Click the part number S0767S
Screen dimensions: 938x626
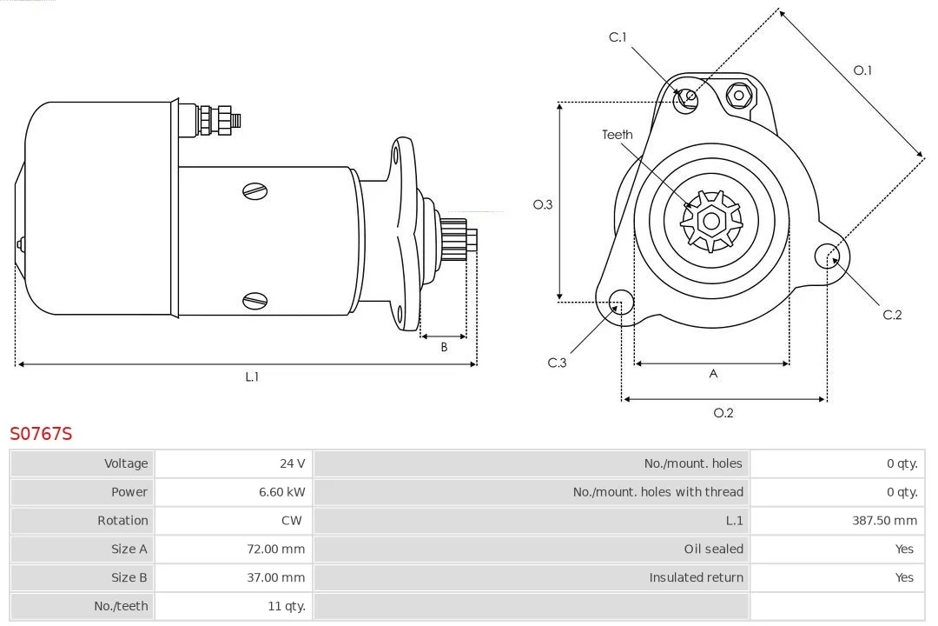41,433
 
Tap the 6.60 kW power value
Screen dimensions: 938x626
281,492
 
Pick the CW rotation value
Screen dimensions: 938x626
292,521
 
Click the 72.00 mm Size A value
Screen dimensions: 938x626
276,549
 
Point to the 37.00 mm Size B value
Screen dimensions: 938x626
276,577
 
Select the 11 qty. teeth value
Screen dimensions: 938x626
287,606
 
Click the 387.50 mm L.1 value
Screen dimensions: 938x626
884,521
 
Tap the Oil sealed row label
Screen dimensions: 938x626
714,549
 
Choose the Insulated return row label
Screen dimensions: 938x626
697,577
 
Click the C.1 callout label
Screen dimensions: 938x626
618,37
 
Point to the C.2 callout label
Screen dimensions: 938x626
892,315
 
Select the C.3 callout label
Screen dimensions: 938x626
557,363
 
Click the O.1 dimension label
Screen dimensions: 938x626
862,70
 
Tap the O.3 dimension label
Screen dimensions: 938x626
543,204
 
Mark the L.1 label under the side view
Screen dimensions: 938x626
252,376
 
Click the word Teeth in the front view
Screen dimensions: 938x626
618,135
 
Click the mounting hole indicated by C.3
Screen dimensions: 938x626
621,302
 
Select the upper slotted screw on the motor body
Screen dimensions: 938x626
254,191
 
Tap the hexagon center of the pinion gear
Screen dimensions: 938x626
711,221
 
